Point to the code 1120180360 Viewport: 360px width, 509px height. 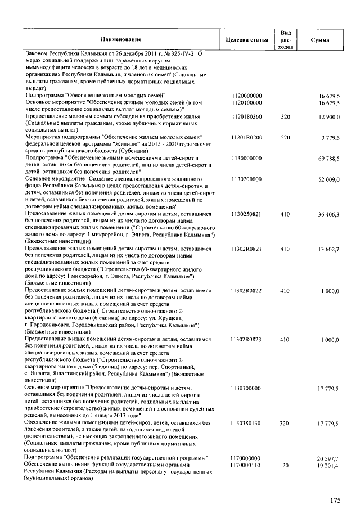(247, 116)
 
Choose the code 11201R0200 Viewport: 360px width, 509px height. (247, 137)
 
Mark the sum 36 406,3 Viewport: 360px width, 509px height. (328, 214)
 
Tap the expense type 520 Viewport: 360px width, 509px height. (285, 137)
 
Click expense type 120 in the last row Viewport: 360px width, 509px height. (285, 466)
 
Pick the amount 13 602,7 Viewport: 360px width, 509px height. (328, 249)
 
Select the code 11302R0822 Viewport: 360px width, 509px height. (247, 290)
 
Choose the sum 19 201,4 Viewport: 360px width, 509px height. (328, 466)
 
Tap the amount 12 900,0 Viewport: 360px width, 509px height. (328, 116)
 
